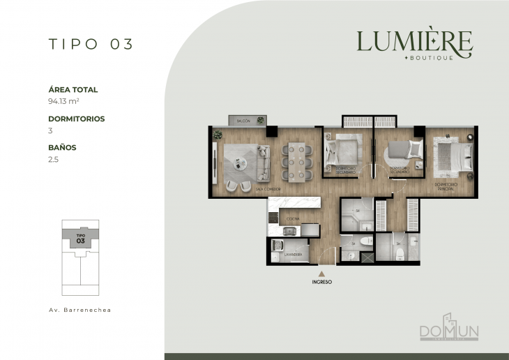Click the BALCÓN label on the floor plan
pyautogui.click(x=243, y=121)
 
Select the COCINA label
pyautogui.click(x=292, y=218)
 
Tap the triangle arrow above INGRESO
pyautogui.click(x=321, y=274)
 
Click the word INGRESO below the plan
pyautogui.click(x=321, y=283)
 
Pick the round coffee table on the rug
pyautogui.click(x=241, y=164)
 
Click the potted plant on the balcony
pyautogui.click(x=261, y=121)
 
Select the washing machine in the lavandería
pyautogui.click(x=277, y=246)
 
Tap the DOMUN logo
pyautogui.click(x=448, y=329)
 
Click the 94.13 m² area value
pyautogui.click(x=63, y=101)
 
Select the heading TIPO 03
pyautogui.click(x=91, y=44)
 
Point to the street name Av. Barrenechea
pyautogui.click(x=80, y=308)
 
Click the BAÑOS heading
pyautogui.click(x=62, y=148)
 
